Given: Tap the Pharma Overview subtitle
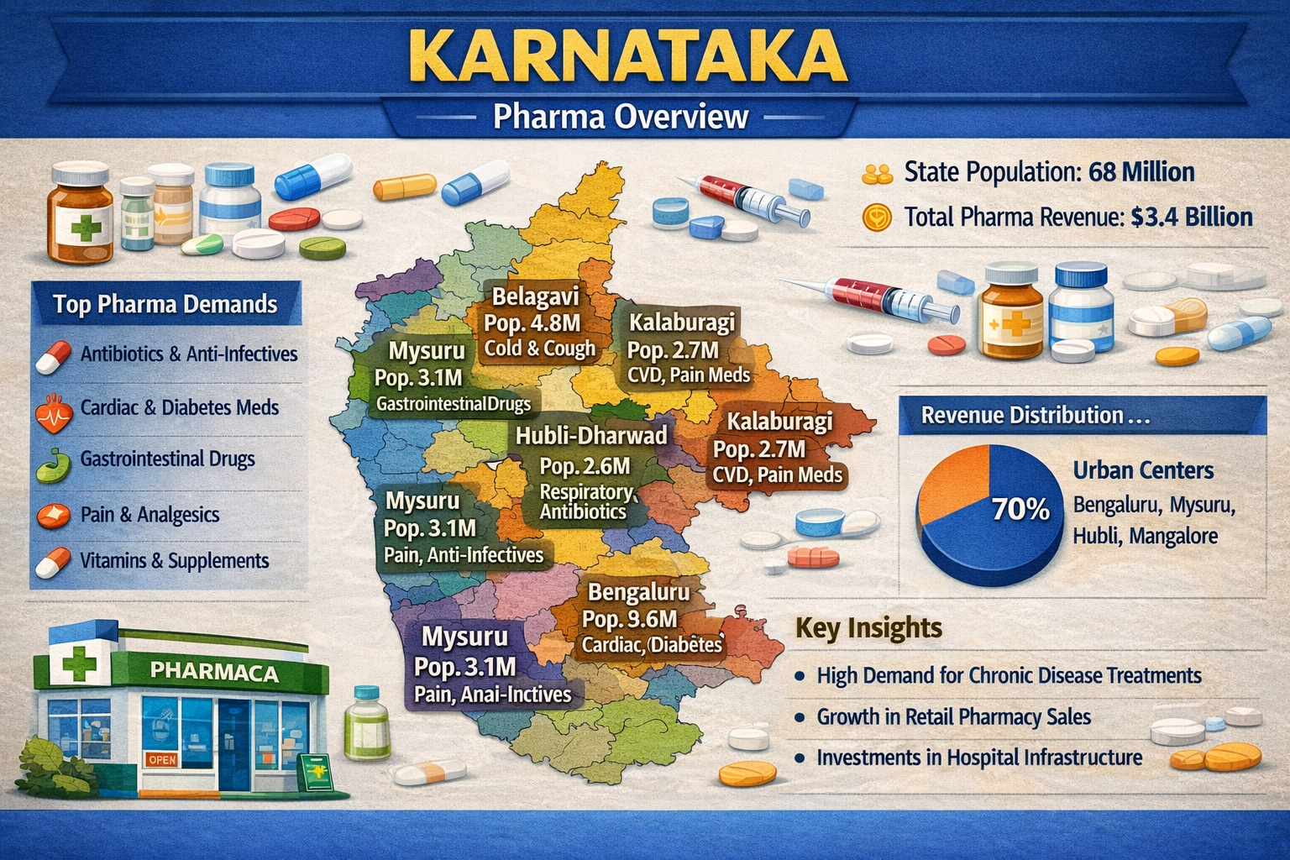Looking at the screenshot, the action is click(x=620, y=116).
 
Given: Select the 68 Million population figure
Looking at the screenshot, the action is click(x=1141, y=173).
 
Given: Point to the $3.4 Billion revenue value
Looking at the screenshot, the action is click(x=1191, y=218).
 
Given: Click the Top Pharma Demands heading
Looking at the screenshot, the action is click(x=165, y=304).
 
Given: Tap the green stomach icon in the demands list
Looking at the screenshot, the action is click(x=53, y=463).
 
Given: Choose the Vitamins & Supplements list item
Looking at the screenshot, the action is click(x=175, y=561).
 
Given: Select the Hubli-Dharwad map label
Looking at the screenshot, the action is click(x=591, y=435).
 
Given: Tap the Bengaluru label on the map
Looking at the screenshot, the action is click(x=638, y=592).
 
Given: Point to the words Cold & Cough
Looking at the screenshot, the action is click(x=540, y=349).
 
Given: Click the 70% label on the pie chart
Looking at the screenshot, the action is click(x=1020, y=509).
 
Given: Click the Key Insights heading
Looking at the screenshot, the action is click(x=868, y=628).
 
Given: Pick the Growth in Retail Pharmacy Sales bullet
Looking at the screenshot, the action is click(x=953, y=717).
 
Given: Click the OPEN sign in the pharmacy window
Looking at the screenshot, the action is click(x=162, y=759).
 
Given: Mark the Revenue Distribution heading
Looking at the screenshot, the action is click(x=1035, y=416).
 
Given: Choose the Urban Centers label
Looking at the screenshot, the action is click(x=1143, y=470).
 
